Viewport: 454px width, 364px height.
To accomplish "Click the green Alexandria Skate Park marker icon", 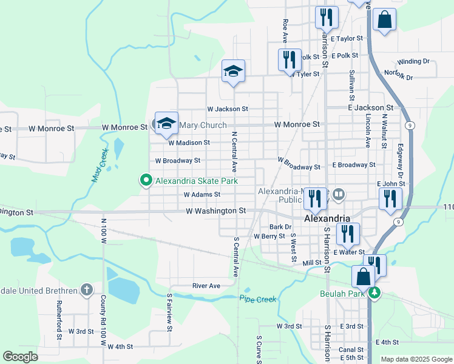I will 146,180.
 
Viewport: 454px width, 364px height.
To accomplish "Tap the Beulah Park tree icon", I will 375,294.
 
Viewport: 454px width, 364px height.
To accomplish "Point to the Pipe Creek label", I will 257,299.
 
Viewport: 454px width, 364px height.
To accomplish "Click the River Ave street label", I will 206,285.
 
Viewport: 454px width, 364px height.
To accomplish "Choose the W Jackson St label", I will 228,109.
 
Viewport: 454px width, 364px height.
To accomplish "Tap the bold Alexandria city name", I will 327,218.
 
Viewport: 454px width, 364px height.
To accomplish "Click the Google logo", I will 20,357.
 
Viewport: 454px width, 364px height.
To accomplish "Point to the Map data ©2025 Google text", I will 416,359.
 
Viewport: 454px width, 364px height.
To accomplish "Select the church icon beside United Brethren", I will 87,290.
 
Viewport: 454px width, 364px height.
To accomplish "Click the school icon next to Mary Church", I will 166,123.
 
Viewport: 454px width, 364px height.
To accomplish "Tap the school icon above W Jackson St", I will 233,70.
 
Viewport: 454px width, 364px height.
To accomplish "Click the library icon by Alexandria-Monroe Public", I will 339,195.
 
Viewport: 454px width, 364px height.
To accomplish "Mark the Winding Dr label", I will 413,61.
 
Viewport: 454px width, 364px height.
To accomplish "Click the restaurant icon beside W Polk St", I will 290,59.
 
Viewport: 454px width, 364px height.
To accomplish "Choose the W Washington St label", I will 215,211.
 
